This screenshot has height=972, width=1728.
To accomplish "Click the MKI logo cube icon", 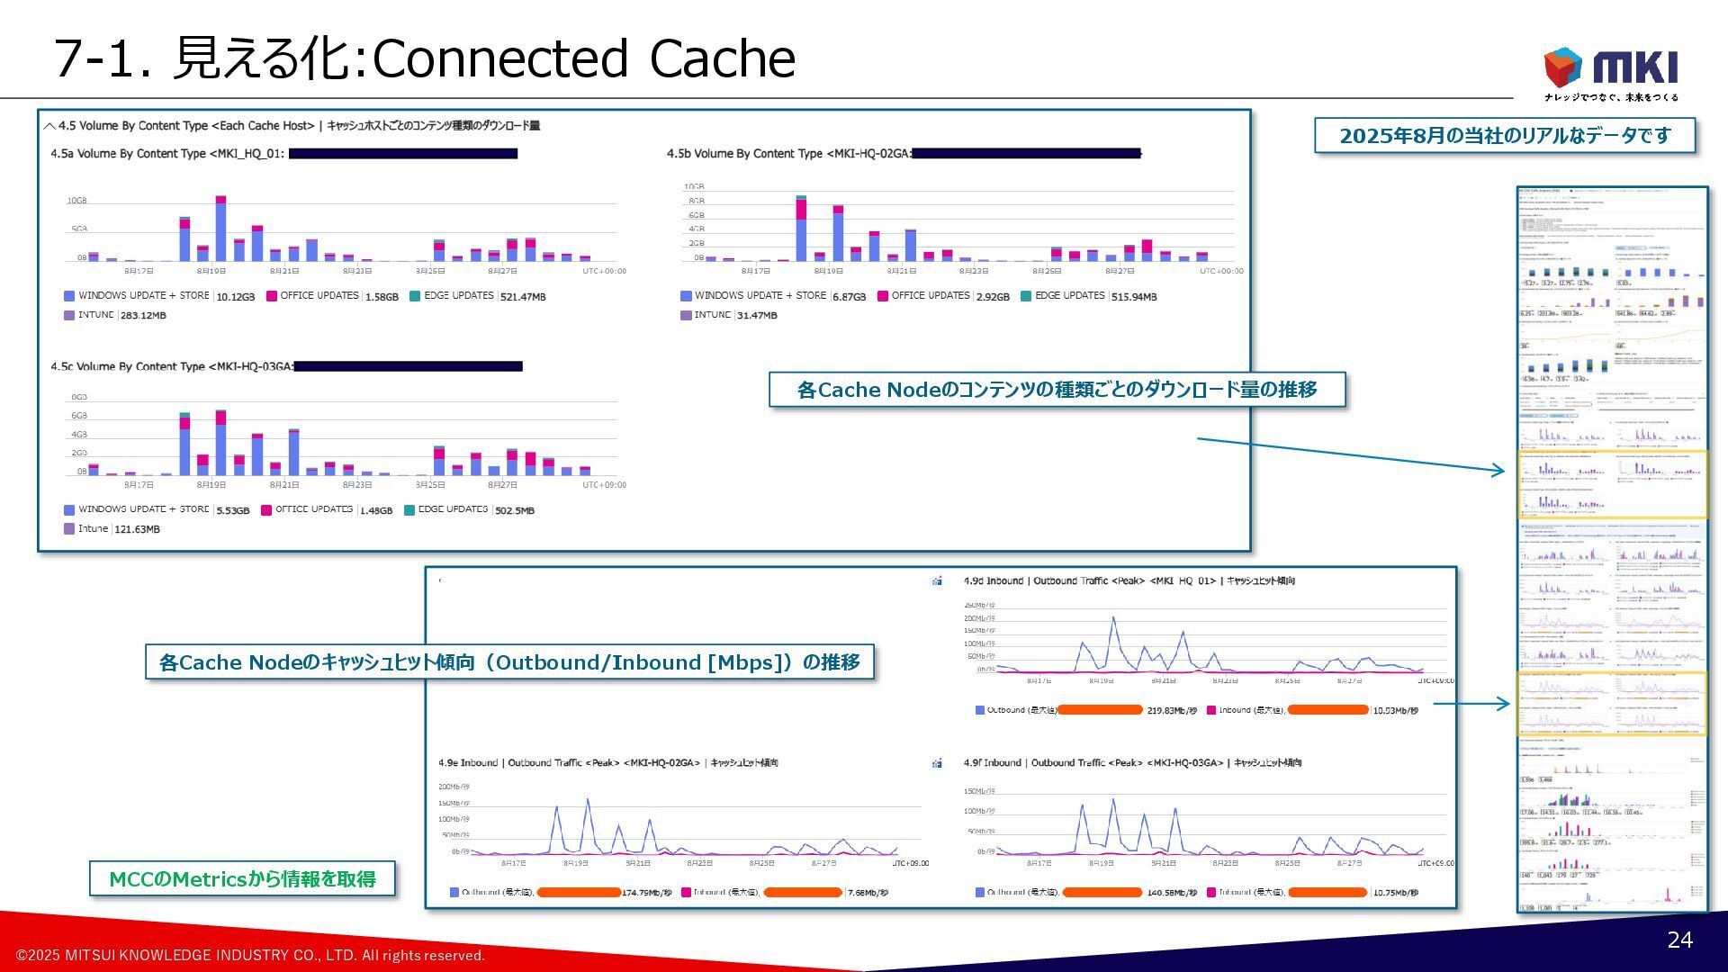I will pos(1562,67).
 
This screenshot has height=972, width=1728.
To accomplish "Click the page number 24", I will pos(1679,940).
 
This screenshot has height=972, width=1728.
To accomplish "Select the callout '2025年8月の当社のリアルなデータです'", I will pos(1504,135).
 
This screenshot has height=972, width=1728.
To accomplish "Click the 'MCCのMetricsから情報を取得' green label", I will pos(242,878).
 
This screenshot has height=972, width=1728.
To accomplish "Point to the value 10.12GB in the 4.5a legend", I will pos(235,297).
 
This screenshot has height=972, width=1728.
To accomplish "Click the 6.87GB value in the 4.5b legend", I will pos(849,297).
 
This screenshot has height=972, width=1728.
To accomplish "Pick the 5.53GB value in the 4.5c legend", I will pos(232,510).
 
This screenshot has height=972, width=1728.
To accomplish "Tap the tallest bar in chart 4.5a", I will pos(220,229).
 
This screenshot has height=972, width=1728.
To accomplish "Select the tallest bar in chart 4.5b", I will pos(801,229).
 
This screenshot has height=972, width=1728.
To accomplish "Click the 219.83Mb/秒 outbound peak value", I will pos(1172,711).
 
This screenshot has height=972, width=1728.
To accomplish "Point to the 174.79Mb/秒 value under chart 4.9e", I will pos(646,893).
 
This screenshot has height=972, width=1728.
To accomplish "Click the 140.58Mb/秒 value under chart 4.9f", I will pos(1172,893).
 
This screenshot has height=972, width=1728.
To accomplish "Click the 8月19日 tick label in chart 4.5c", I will pos(211,485).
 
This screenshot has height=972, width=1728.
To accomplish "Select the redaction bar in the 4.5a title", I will pos(402,154).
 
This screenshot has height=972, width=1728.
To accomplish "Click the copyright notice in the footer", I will pos(250,955).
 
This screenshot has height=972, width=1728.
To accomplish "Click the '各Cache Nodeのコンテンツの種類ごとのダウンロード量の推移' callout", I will pos(1057,390).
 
